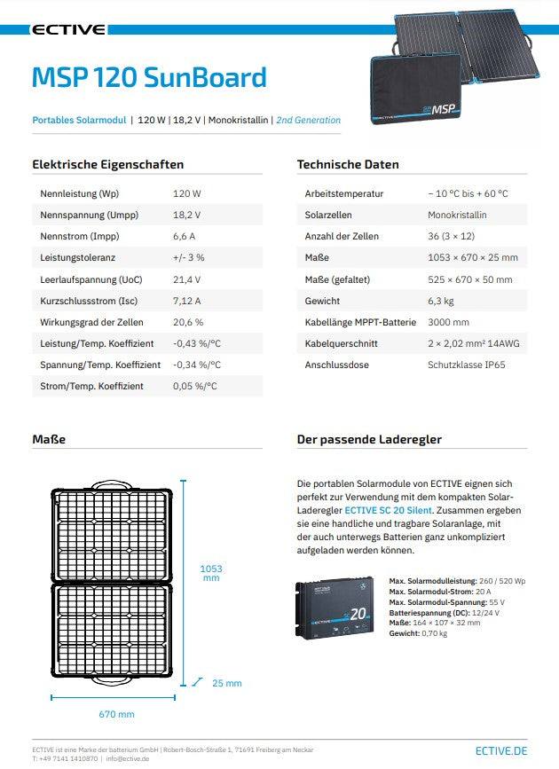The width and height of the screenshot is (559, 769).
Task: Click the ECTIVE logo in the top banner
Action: point(69,29)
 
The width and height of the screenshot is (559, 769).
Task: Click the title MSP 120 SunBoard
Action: point(149,78)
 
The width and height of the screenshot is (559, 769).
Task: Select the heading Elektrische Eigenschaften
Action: point(108,164)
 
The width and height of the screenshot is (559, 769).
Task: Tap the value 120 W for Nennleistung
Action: point(187,193)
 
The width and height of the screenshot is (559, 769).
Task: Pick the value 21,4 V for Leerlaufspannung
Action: point(187,279)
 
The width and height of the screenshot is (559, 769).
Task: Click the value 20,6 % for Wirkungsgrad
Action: point(188,322)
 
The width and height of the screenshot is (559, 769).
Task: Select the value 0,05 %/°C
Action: point(195,387)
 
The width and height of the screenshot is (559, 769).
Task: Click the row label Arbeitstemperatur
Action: point(344,193)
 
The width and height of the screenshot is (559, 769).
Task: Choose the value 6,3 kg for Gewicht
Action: point(441,301)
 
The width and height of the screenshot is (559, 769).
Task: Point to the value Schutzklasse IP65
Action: point(467,365)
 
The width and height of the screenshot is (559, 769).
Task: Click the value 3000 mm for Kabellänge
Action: point(449,322)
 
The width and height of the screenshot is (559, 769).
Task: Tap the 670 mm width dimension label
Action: point(116,714)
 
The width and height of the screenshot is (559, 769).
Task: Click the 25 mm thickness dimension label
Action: point(226,683)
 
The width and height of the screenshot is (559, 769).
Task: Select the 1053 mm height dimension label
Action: point(210,572)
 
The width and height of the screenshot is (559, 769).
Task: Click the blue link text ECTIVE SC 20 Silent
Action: point(389,511)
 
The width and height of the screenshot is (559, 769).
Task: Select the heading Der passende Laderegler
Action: point(369,439)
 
